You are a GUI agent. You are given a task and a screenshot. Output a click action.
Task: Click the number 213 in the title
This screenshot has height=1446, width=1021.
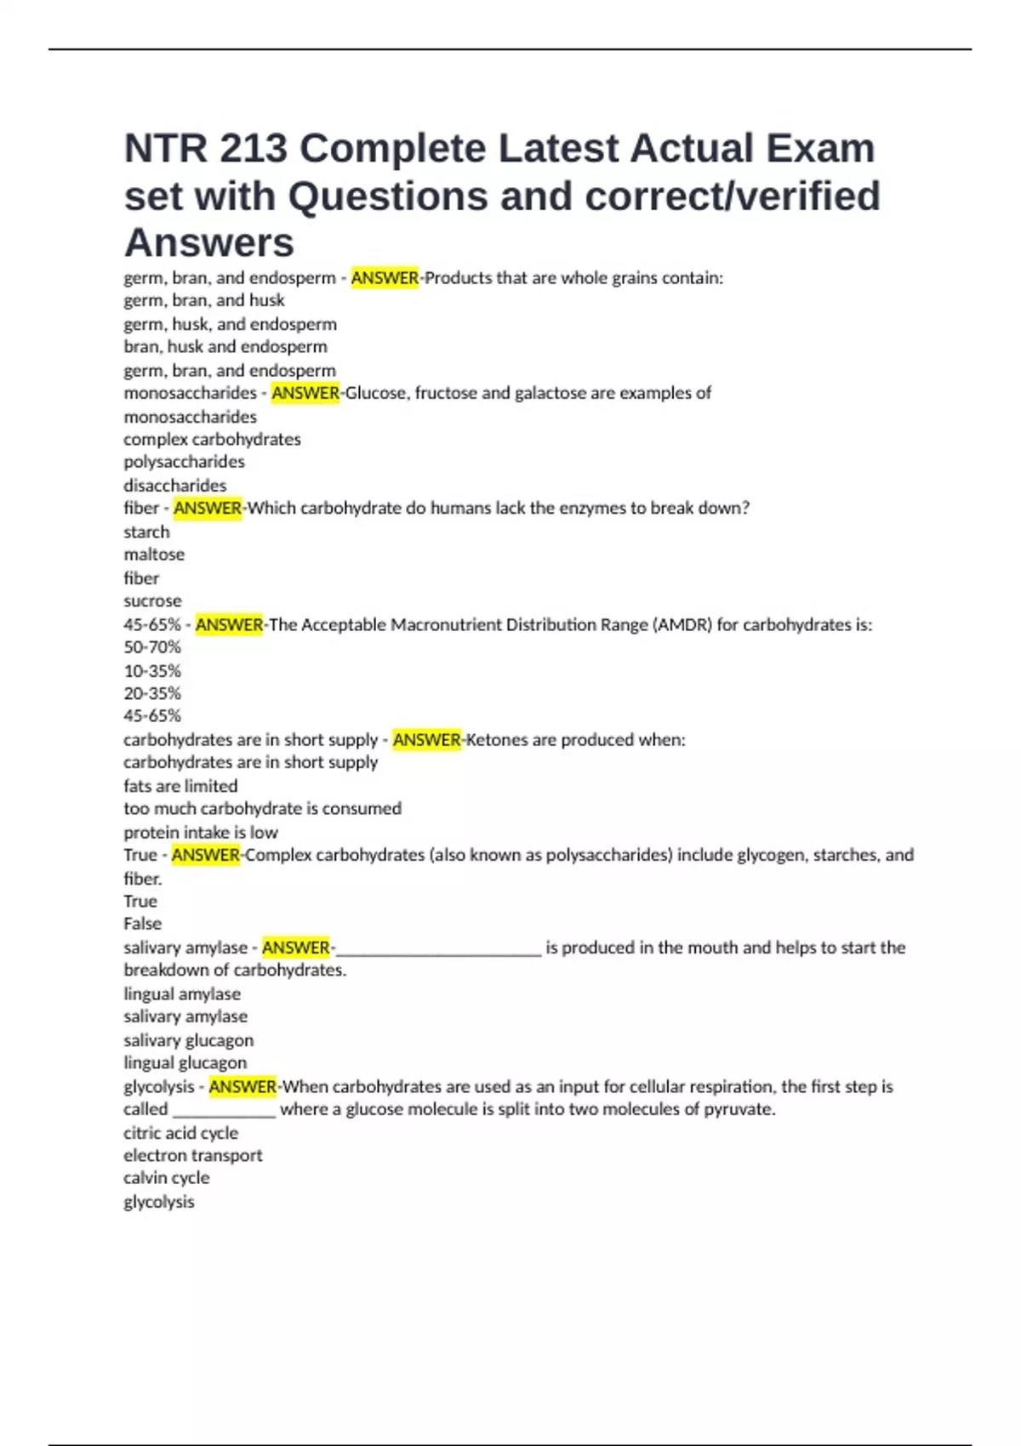pos(254,149)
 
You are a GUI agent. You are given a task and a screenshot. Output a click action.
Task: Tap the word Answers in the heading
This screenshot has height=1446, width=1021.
pos(209,243)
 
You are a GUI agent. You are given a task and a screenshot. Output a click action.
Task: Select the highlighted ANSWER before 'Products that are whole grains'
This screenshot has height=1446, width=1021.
pos(385,278)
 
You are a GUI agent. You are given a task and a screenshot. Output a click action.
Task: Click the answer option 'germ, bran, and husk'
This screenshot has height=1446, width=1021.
pos(204,300)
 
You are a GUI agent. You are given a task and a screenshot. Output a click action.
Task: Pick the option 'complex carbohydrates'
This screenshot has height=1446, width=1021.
pos(212,440)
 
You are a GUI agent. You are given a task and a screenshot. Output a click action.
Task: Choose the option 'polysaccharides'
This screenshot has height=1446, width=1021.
pos(184,462)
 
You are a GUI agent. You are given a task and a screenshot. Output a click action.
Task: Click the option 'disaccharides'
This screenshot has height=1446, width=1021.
pos(174,486)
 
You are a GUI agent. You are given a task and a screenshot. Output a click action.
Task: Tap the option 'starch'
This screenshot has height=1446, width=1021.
pos(146,532)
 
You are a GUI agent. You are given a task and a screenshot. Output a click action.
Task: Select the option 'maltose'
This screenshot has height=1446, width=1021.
pos(154,555)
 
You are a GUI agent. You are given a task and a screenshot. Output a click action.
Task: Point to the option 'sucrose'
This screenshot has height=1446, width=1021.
pos(152,601)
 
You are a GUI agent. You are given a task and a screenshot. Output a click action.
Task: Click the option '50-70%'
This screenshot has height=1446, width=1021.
pos(152,647)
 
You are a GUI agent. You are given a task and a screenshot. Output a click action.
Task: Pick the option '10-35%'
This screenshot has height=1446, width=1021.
pos(152,671)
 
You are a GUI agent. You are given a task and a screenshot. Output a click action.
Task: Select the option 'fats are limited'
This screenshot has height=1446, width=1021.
pos(180,786)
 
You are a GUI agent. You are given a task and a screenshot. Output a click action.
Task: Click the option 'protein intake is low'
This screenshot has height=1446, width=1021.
pos(201,833)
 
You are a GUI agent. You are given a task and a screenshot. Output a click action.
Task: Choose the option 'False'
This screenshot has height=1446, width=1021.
pos(142,924)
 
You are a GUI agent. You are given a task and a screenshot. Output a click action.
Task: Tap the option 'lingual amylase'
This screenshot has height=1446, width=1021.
pos(182,994)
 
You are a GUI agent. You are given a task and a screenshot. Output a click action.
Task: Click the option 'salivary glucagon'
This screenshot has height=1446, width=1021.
pos(188,1040)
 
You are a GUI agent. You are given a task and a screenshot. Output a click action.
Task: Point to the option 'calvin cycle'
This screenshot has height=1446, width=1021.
pos(166,1178)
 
